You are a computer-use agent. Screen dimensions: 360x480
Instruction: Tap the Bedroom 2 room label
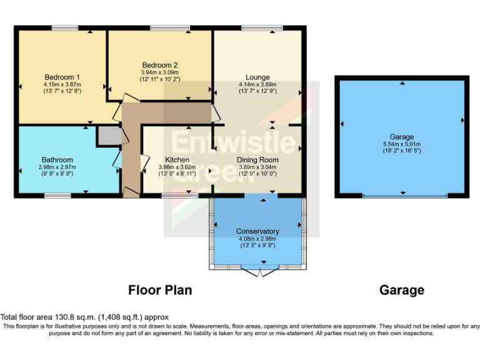[160, 65]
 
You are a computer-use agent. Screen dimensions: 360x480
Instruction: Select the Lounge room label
[257, 77]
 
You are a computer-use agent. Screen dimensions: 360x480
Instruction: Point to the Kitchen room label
[177, 159]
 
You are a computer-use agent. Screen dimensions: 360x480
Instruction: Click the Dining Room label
[257, 159]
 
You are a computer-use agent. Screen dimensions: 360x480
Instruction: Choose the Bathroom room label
[57, 159]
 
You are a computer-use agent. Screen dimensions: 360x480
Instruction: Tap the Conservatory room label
[257, 231]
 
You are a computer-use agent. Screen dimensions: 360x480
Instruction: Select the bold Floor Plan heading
[160, 290]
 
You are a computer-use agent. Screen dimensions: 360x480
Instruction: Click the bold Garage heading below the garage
[402, 290]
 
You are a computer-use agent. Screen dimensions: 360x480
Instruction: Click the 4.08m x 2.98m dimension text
[257, 238]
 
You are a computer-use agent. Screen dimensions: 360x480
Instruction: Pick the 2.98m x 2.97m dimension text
[57, 167]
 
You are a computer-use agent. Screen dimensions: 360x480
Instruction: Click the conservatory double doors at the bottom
[261, 271]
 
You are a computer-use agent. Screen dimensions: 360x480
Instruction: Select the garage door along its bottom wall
[405, 196]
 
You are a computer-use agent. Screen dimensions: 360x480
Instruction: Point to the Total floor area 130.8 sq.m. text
[84, 317]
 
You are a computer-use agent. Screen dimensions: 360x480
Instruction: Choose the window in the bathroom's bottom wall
[57, 196]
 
